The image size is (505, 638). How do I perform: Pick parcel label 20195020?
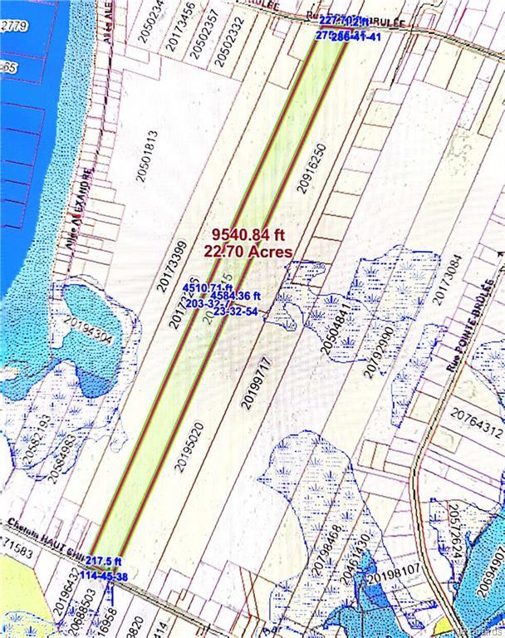[189, 447]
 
